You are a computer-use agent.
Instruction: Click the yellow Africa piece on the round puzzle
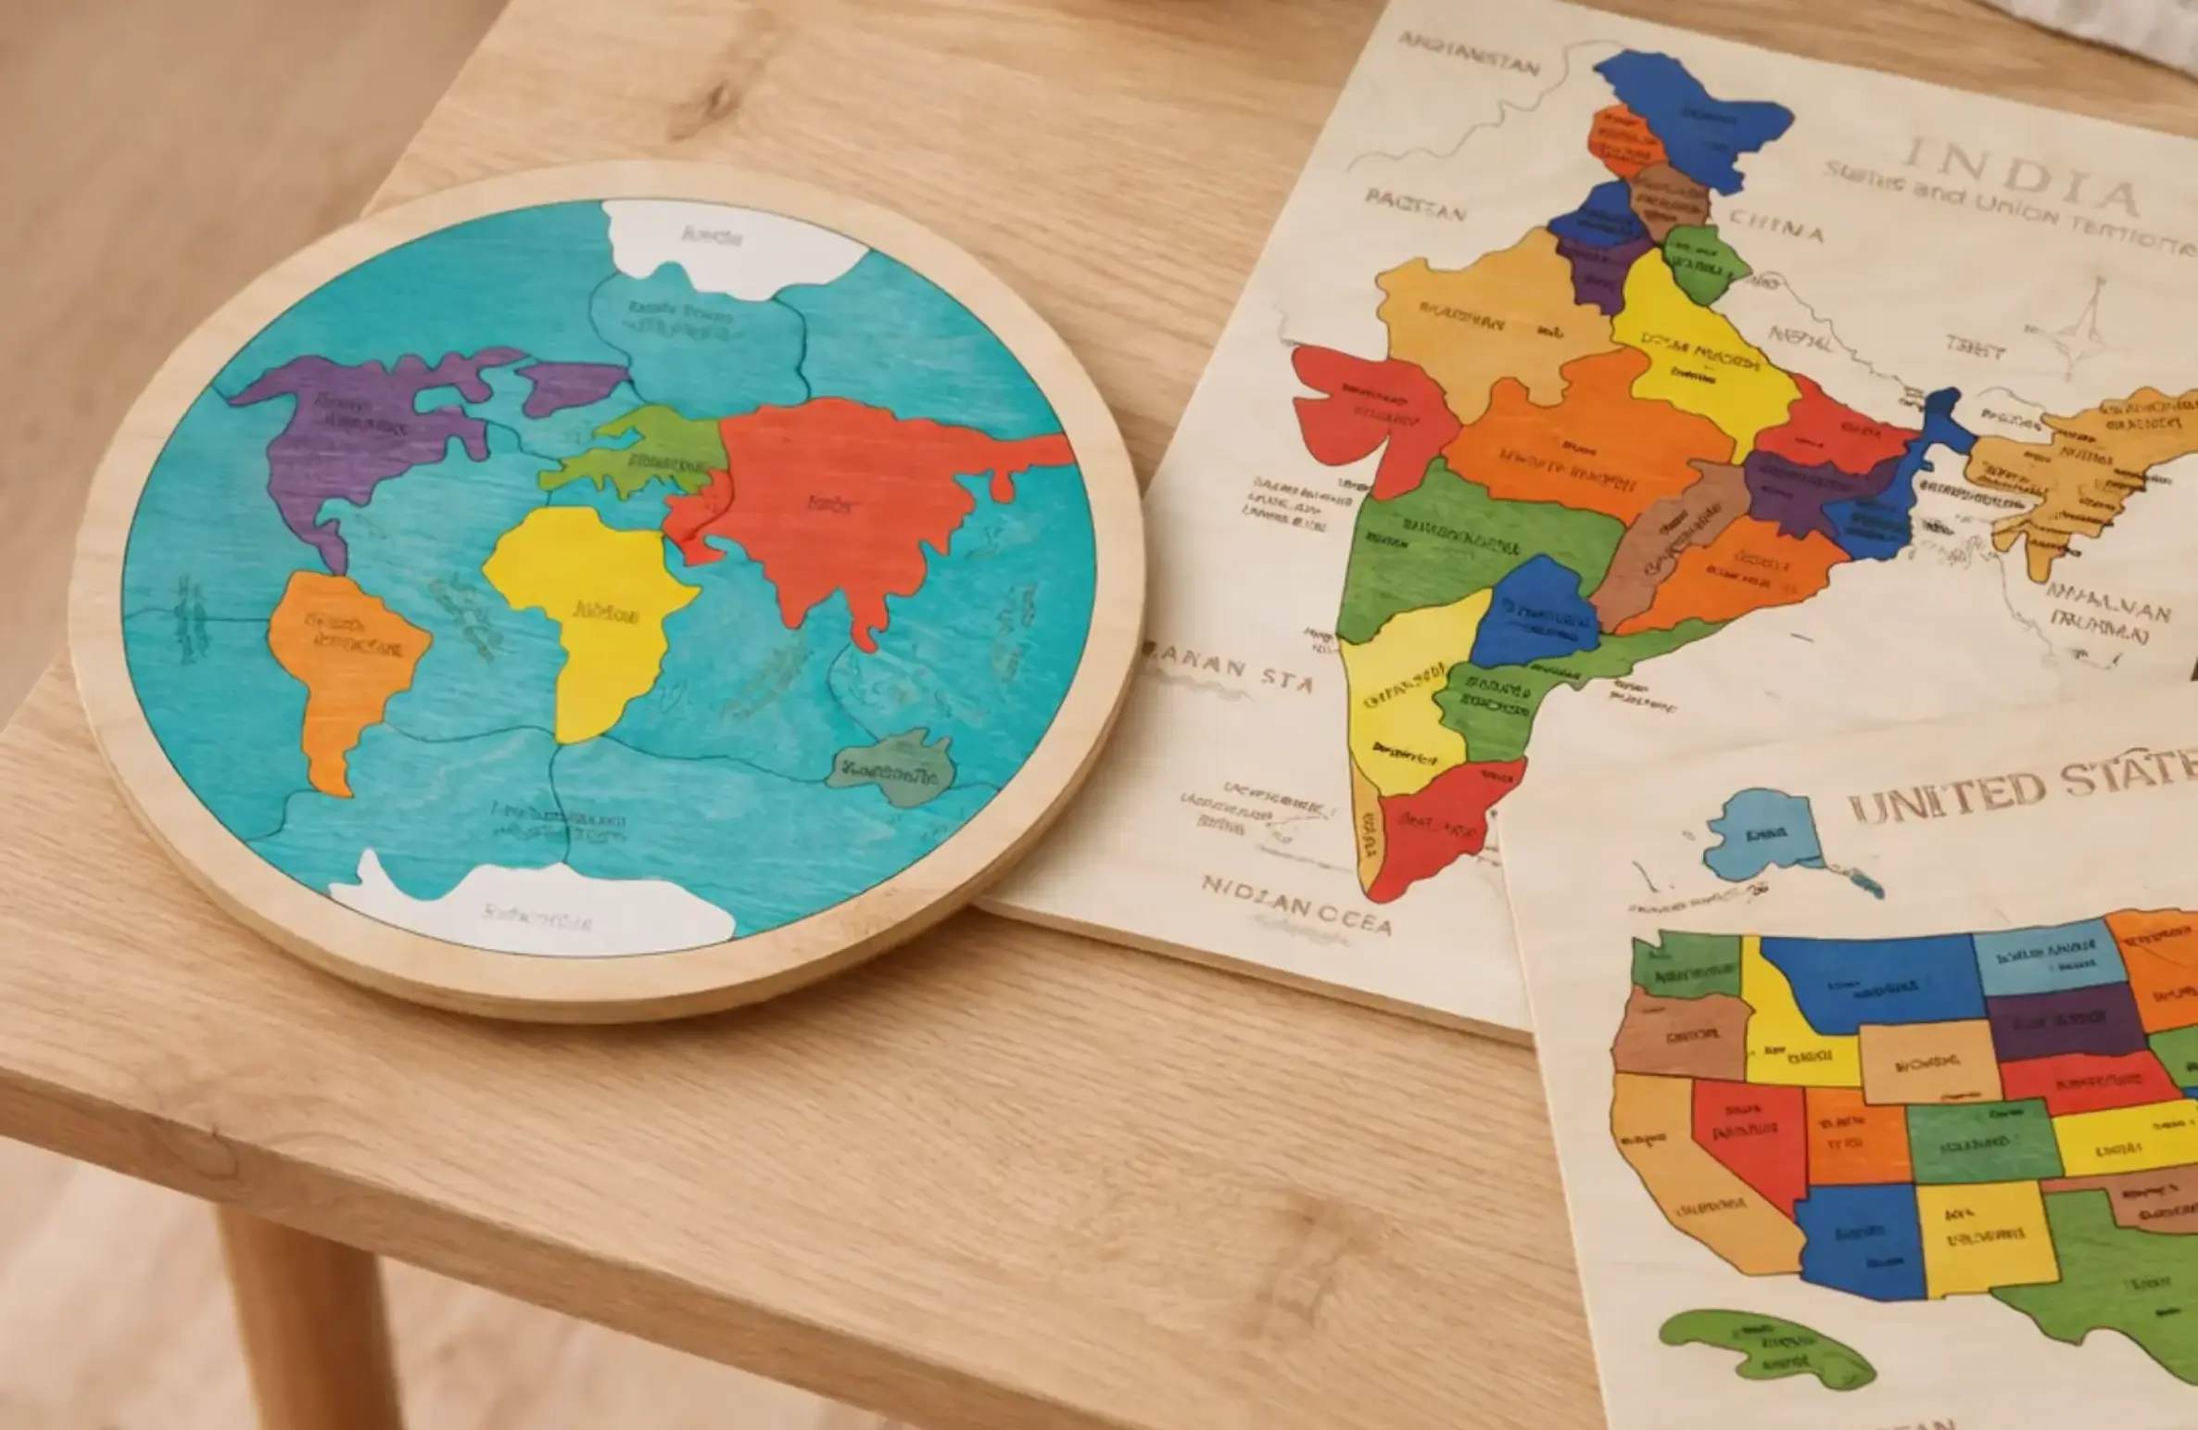[x=593, y=612]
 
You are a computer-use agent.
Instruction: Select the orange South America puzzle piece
[x=343, y=658]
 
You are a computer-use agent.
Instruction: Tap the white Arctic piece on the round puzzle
[x=723, y=241]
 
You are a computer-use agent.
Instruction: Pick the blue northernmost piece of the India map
[x=1696, y=111]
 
